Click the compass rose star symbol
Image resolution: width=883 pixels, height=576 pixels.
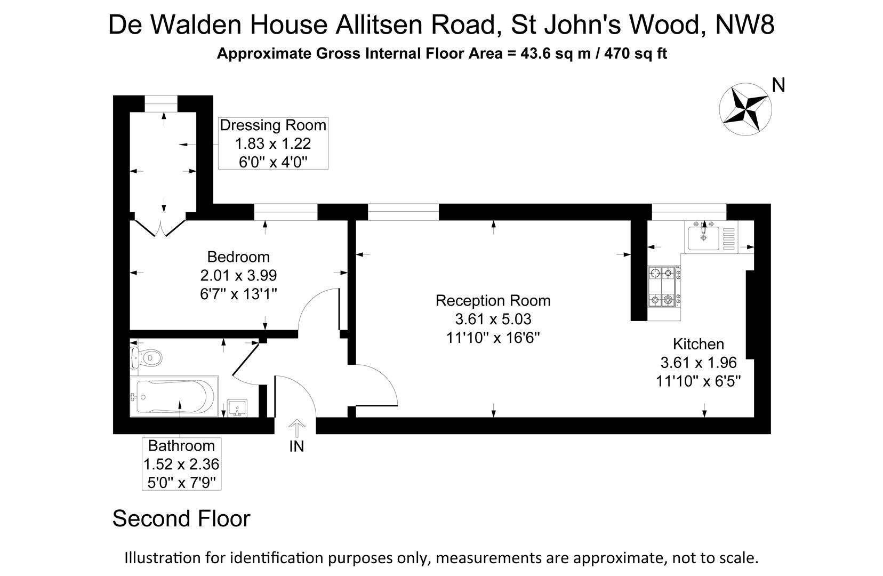click(744, 108)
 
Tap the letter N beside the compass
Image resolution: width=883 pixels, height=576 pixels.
click(778, 85)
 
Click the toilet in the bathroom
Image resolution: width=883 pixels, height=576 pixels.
click(145, 357)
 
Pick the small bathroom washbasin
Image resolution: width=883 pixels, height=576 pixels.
click(237, 409)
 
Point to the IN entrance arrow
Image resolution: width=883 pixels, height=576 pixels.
click(296, 429)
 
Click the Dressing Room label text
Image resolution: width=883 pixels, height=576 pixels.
click(273, 125)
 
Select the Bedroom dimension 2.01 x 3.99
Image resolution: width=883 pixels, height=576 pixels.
click(238, 276)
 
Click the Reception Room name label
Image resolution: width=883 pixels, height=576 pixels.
click(493, 300)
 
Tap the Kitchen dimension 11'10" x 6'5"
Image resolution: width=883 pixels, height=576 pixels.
click(698, 381)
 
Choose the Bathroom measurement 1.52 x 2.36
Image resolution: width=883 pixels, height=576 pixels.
click(181, 464)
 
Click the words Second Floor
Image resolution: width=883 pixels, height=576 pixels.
click(181, 518)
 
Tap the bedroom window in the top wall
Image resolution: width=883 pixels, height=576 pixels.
click(285, 212)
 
